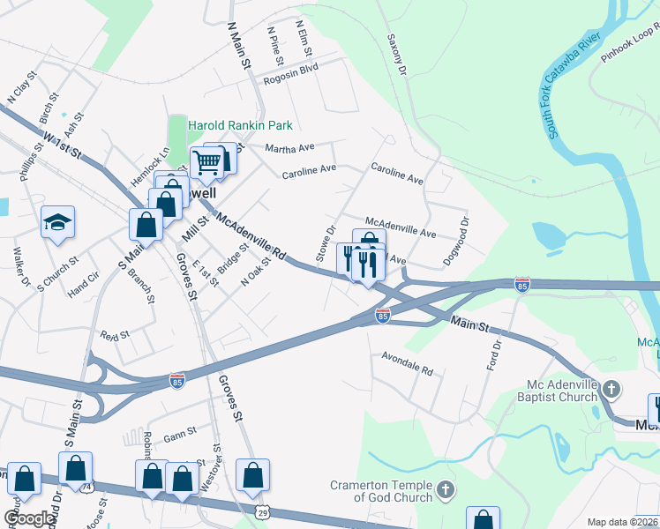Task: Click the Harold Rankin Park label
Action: coord(237,125)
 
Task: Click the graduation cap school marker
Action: coord(57,223)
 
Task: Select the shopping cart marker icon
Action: coord(206,161)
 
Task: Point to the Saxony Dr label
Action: coord(396,55)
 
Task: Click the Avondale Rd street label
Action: coord(407,364)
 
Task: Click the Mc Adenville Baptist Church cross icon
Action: coord(611,388)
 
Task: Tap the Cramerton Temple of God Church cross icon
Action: coord(446,488)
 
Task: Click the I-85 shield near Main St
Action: coord(382,315)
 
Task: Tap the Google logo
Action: coord(29,518)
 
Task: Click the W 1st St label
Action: coord(62,144)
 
